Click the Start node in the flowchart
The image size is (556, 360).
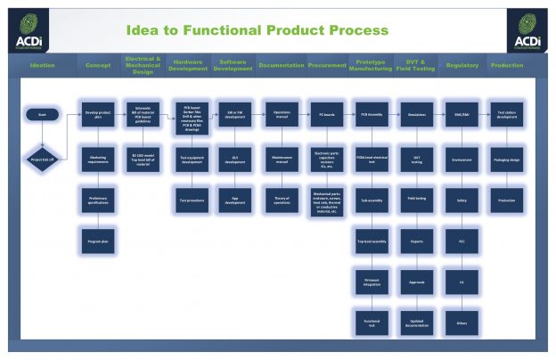point(42,114)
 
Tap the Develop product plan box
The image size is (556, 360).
point(98,115)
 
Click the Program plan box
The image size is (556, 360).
point(98,240)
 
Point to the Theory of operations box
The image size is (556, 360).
point(281,201)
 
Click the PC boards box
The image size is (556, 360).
point(326,115)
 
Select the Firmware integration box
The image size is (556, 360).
point(372,282)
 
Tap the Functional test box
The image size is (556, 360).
point(372,322)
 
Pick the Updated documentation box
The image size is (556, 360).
point(416,321)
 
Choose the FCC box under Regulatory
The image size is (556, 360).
point(462,240)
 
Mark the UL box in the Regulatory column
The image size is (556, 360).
point(462,281)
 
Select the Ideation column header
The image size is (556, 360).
point(42,65)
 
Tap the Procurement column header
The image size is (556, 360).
point(327,65)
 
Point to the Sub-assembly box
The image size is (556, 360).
point(372,201)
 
